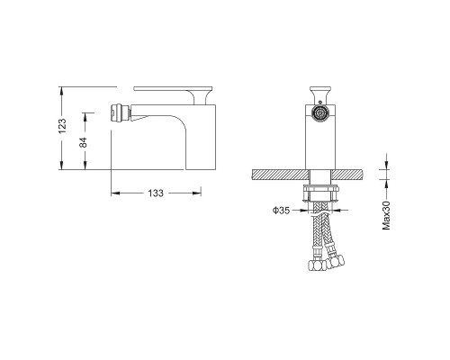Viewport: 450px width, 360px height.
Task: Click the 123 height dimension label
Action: pos(62,126)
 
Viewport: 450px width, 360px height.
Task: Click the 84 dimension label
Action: pos(83,142)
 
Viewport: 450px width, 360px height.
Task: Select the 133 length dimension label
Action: pos(156,193)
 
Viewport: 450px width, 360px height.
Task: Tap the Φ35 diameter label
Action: pos(281,211)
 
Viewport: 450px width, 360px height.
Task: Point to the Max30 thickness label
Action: pos(386,215)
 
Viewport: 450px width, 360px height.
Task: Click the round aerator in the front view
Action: pos(321,113)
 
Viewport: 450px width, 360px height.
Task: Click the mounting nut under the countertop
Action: pos(321,193)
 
